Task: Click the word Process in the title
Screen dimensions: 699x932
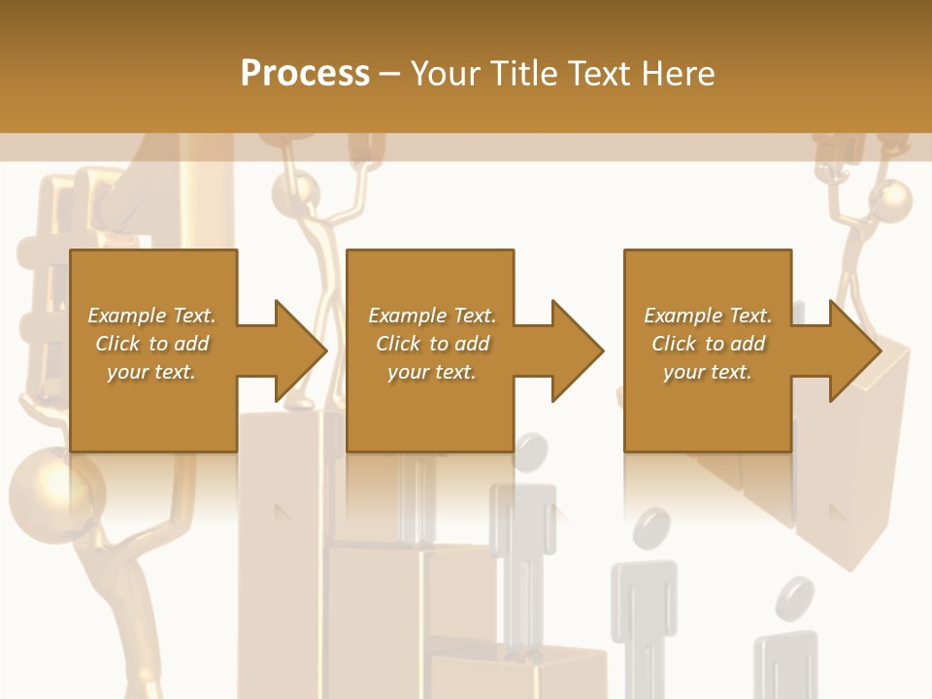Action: (305, 74)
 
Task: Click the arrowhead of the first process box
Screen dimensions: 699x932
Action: (299, 350)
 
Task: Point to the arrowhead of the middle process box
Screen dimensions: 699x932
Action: (577, 350)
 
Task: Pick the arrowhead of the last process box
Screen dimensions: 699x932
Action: (853, 350)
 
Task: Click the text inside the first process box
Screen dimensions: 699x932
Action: (152, 344)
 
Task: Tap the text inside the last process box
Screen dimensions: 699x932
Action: (708, 344)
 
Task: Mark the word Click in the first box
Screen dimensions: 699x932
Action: (118, 344)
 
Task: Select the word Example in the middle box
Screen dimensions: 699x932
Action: (401, 316)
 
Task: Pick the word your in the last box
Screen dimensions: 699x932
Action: (684, 372)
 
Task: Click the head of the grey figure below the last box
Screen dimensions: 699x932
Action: (650, 530)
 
